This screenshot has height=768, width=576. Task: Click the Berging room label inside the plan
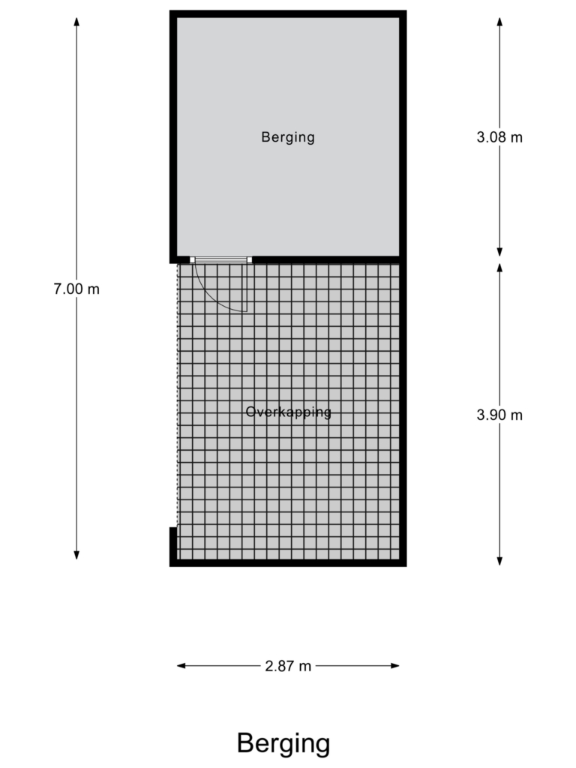tap(288, 137)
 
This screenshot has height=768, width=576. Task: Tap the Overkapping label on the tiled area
tap(289, 412)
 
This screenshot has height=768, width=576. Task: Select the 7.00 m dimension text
tap(76, 289)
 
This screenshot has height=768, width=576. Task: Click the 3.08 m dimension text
tap(499, 137)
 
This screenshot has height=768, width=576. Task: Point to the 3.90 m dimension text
tap(499, 415)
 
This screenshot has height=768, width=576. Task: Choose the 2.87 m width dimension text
tap(288, 666)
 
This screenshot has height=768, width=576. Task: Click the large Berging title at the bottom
tap(283, 743)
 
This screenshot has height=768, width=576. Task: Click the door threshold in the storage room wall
tap(221, 260)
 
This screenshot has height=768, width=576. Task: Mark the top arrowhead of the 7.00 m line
tap(76, 22)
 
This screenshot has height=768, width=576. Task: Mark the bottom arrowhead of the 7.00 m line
tap(76, 555)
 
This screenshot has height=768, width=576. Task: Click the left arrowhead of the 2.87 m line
tap(181, 666)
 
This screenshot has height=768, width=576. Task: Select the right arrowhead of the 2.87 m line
tap(394, 666)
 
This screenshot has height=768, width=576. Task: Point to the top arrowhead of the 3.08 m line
tap(499, 22)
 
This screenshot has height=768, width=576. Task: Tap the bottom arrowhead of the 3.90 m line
tap(499, 561)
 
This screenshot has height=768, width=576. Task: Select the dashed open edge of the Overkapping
tap(177, 395)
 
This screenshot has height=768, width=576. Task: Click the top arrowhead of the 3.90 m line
tap(499, 268)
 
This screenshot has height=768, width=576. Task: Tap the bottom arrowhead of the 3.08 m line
tap(499, 252)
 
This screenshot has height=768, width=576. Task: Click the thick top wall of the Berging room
tap(288, 13)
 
